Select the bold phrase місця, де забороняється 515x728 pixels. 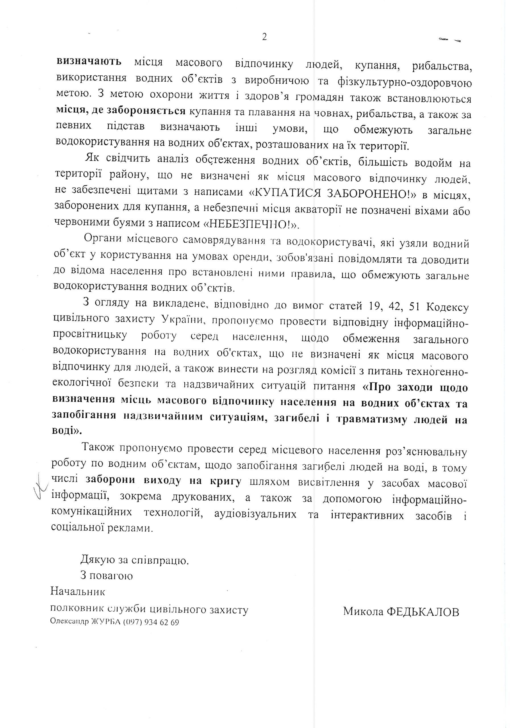coord(121,111)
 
